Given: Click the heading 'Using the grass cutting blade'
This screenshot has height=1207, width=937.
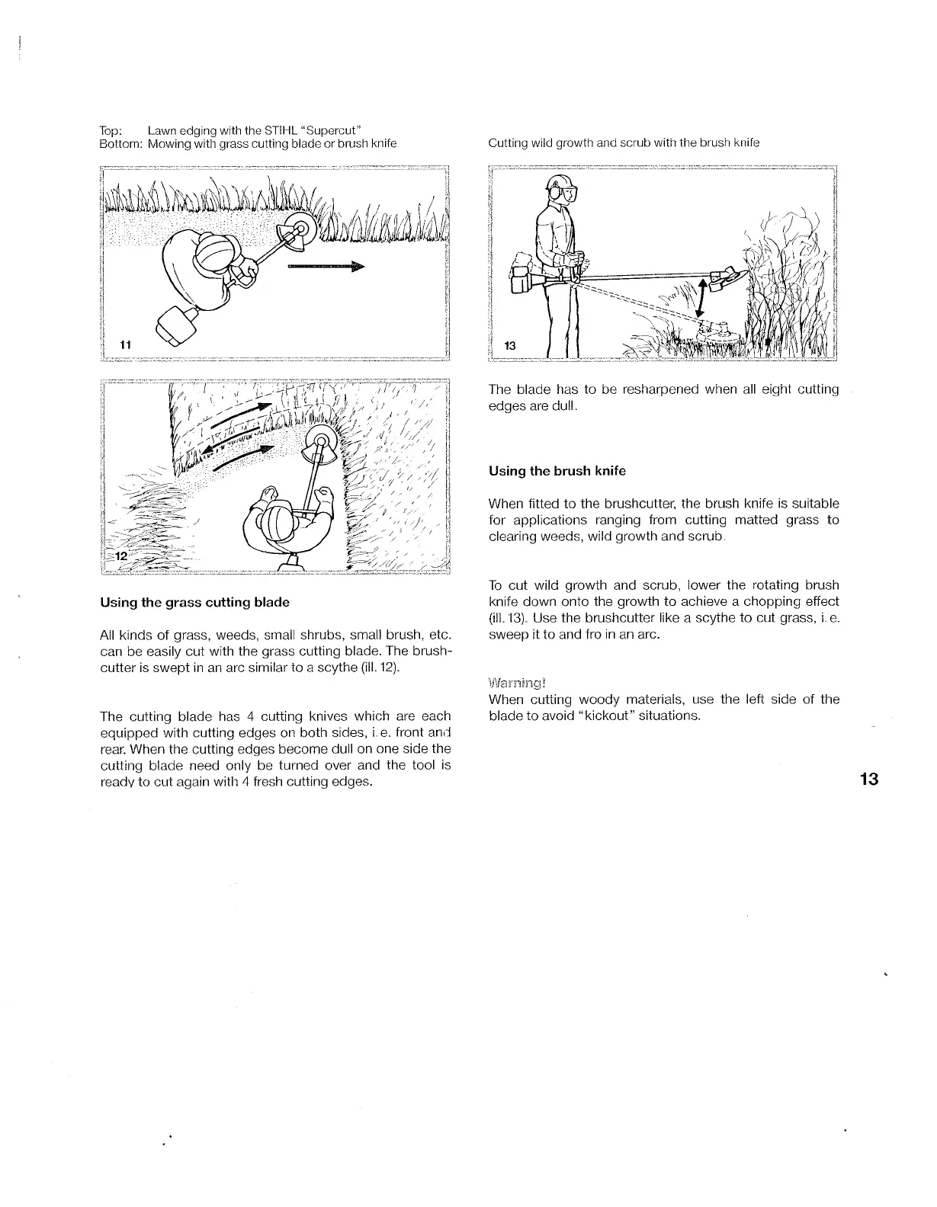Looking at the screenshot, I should pyautogui.click(x=194, y=602).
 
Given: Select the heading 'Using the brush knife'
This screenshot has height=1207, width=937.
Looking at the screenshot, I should pyautogui.click(x=557, y=471).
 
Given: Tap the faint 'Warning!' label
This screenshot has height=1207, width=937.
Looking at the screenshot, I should pyautogui.click(x=517, y=682).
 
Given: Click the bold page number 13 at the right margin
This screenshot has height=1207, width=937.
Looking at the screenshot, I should pyautogui.click(x=868, y=779).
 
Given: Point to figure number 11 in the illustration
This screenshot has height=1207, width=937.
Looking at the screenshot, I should pyautogui.click(x=127, y=344).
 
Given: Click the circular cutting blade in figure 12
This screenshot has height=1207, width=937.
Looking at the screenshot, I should pyautogui.click(x=322, y=443).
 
